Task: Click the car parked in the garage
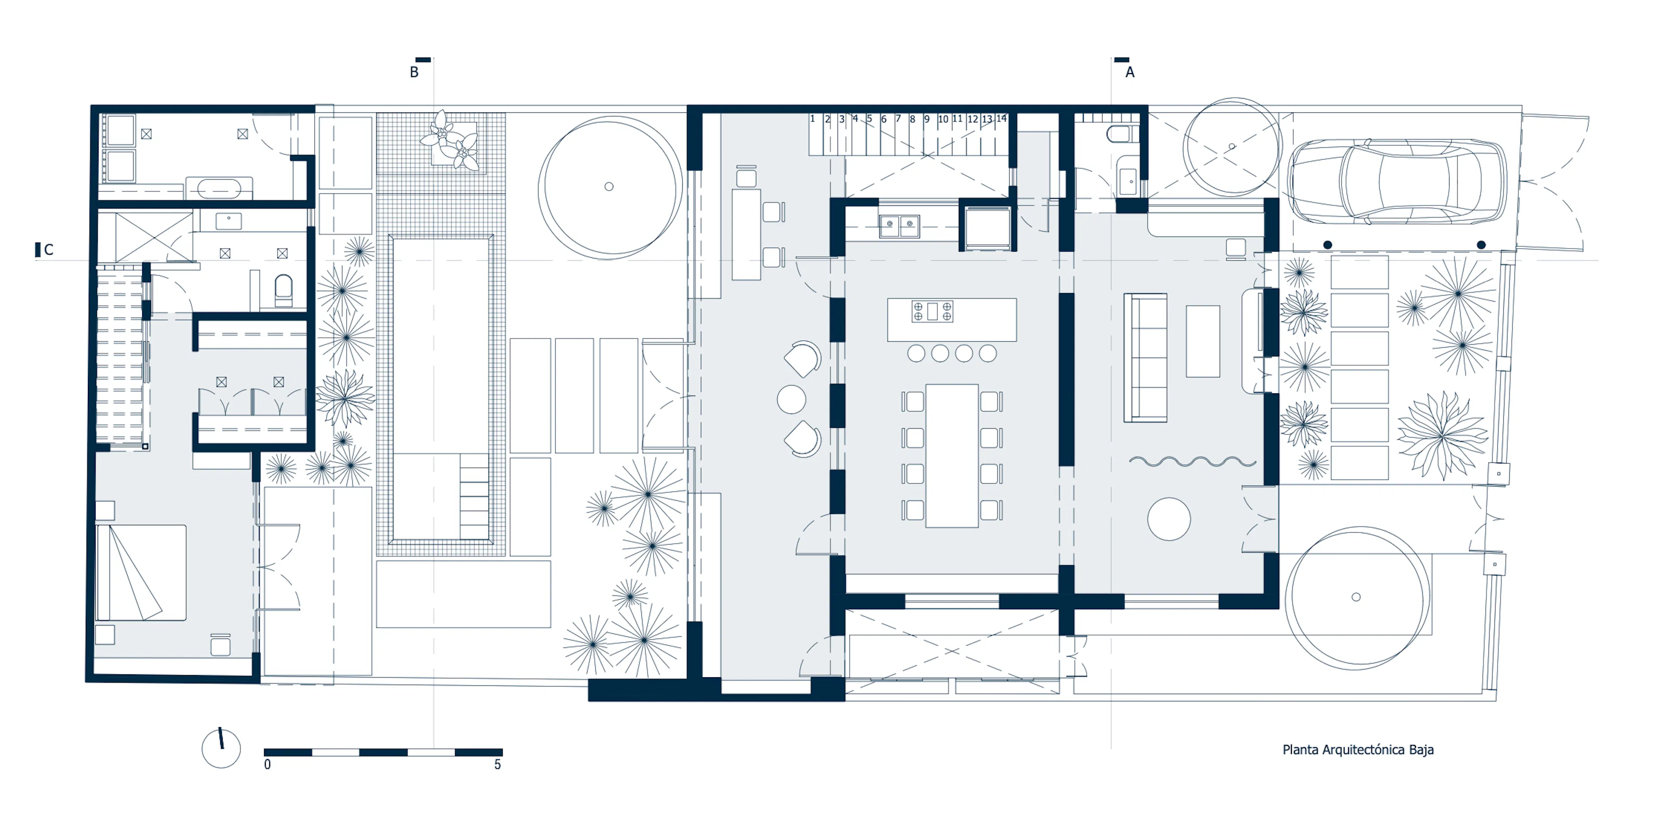click(1397, 182)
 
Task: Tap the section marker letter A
click(1130, 72)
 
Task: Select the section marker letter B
click(414, 72)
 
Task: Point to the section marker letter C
click(49, 250)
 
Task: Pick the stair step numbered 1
click(812, 119)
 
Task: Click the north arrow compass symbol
click(221, 748)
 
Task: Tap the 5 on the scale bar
click(497, 764)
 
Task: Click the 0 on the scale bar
click(268, 764)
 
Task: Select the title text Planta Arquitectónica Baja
click(1358, 750)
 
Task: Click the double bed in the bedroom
click(141, 572)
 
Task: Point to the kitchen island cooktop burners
click(932, 311)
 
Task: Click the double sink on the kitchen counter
click(899, 225)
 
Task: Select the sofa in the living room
click(1145, 358)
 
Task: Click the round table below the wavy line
click(1169, 519)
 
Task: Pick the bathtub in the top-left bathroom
click(219, 189)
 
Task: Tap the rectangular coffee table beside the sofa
click(1203, 341)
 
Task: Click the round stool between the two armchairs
click(792, 399)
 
